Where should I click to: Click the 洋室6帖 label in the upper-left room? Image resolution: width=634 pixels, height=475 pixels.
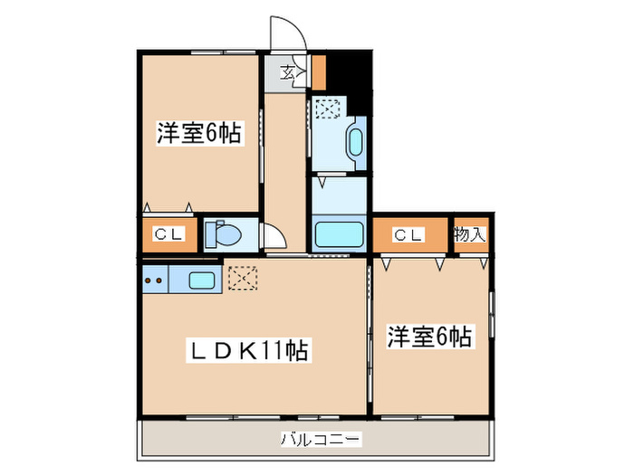198,134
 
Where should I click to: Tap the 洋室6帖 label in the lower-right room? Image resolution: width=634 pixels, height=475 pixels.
429,337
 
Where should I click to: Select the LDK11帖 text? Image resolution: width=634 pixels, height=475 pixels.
249,349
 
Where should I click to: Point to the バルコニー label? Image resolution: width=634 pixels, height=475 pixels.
320,440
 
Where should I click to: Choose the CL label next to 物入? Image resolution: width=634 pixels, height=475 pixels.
408,235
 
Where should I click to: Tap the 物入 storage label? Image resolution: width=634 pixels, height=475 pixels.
470,235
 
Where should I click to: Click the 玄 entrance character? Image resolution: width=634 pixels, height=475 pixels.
286,73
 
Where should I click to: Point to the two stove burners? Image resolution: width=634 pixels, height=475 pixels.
154,280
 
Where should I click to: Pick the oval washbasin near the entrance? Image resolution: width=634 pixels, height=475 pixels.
354,144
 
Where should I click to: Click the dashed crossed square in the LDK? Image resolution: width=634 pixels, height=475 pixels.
242,278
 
